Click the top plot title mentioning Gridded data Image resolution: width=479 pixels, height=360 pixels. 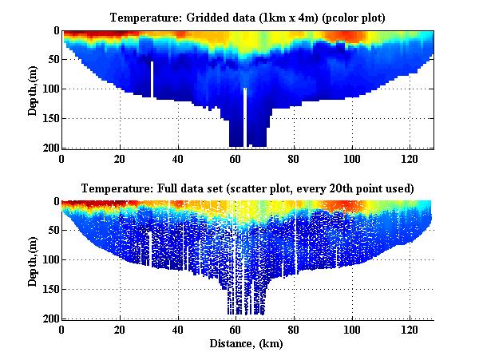247,18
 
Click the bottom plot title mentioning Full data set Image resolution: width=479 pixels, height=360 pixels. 247,188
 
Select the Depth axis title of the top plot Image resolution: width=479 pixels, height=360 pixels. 33,89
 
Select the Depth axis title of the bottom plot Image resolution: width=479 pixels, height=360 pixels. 33,260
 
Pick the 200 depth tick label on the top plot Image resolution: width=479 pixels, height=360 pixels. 49,148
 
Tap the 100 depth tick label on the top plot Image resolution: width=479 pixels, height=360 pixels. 49,89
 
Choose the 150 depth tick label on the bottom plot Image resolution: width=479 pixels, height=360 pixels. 49,289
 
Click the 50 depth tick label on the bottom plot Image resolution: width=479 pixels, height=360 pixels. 52,231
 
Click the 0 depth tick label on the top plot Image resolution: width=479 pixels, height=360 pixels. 55,30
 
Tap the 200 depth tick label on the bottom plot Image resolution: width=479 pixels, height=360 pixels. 49,318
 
